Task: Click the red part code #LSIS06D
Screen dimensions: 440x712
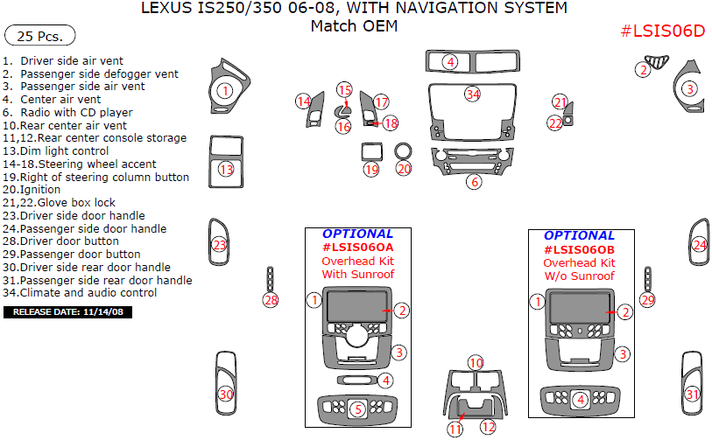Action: pos(662,31)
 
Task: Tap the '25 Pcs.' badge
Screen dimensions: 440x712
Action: pos(40,37)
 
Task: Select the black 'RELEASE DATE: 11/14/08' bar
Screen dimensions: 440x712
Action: pos(68,311)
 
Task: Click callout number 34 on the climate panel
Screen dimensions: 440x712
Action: pos(473,94)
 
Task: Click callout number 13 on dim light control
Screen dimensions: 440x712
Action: pos(227,169)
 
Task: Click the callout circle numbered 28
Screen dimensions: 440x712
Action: pos(271,301)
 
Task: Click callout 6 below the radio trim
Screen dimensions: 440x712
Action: pos(474,182)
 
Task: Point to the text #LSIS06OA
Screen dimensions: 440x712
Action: pos(357,248)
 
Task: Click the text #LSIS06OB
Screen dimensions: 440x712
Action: pos(579,249)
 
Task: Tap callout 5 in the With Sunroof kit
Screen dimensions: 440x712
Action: pos(357,409)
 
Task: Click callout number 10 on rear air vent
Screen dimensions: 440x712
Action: pos(475,362)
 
